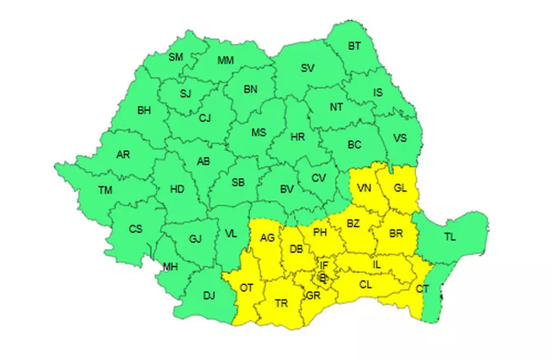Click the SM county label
coord(175,57)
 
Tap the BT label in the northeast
coord(353,46)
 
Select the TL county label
coord(450,237)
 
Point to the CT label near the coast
coord(423,289)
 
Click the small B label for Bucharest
coord(323,277)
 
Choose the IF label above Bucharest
coord(324,265)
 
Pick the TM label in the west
coord(105,189)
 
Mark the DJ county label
coord(208,294)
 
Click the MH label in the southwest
coord(170,267)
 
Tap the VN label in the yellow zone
coord(364,188)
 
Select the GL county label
coord(400,188)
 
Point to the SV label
coord(308,68)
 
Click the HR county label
coord(297,137)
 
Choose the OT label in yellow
coord(246,288)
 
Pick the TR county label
coord(281,303)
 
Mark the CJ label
coord(205,118)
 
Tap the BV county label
coord(287,189)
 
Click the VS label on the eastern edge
coord(400,137)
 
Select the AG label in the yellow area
coord(268,237)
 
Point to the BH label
coord(144,110)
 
